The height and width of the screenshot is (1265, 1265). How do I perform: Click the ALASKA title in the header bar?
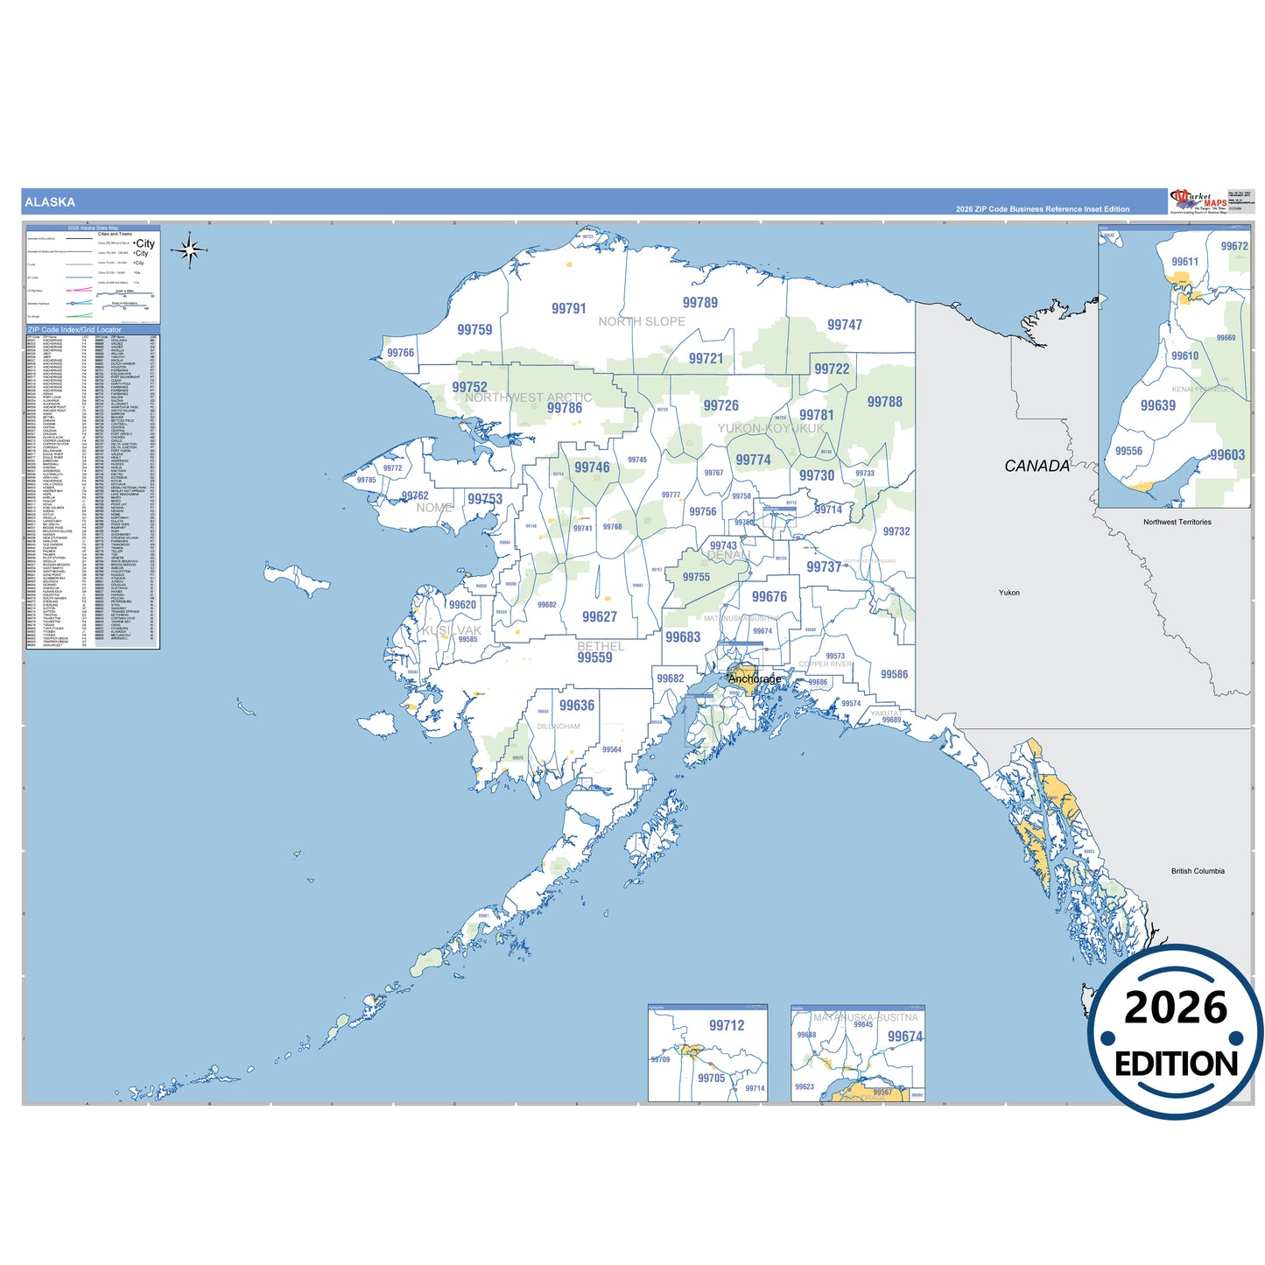click(x=50, y=202)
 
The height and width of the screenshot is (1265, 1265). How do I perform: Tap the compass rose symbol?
click(x=189, y=250)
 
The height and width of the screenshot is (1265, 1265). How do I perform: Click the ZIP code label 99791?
click(x=568, y=308)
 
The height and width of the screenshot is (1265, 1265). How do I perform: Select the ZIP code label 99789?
click(x=699, y=303)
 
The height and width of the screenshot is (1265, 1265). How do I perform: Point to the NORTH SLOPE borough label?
click(x=641, y=321)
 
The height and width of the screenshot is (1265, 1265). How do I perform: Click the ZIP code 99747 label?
click(x=844, y=325)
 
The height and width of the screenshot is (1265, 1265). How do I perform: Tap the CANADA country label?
click(x=1037, y=466)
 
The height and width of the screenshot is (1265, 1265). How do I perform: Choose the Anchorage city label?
click(x=755, y=678)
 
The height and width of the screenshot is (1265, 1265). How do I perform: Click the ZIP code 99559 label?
click(x=594, y=657)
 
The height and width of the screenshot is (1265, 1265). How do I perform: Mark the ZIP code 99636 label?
click(x=576, y=706)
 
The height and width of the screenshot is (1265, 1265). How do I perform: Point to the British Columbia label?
click(x=1197, y=871)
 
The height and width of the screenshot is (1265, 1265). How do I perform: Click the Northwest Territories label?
click(x=1177, y=522)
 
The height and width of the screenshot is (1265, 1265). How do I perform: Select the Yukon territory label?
click(x=1008, y=593)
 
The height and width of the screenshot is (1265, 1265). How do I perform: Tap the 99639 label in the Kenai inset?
click(x=1157, y=405)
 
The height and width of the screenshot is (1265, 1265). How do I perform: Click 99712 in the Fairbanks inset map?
click(x=727, y=1025)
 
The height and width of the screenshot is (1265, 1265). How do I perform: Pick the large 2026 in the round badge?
click(x=1175, y=1008)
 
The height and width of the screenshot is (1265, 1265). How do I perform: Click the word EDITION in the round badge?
click(x=1176, y=1064)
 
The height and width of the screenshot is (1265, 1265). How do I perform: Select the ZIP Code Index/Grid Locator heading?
click(x=74, y=330)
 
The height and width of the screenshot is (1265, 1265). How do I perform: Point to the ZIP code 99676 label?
click(x=769, y=597)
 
